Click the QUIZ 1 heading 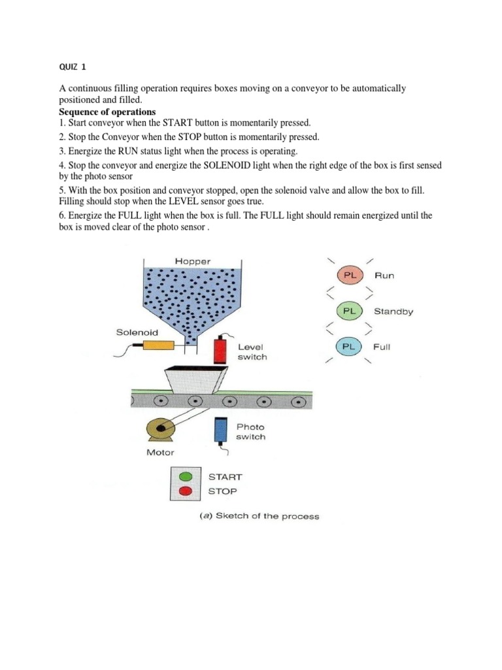pyautogui.click(x=65, y=66)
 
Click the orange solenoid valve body pyautogui.click(x=158, y=346)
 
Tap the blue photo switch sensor pyautogui.click(x=220, y=430)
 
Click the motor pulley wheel pyautogui.click(x=160, y=429)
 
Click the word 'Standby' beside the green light pyautogui.click(x=393, y=311)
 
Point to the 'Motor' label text pyautogui.click(x=161, y=452)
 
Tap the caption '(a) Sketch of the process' pyautogui.click(x=259, y=516)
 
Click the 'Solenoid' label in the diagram pyautogui.click(x=137, y=332)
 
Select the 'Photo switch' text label pyautogui.click(x=251, y=432)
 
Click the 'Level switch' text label pyautogui.click(x=252, y=352)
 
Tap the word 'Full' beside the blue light pyautogui.click(x=382, y=347)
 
